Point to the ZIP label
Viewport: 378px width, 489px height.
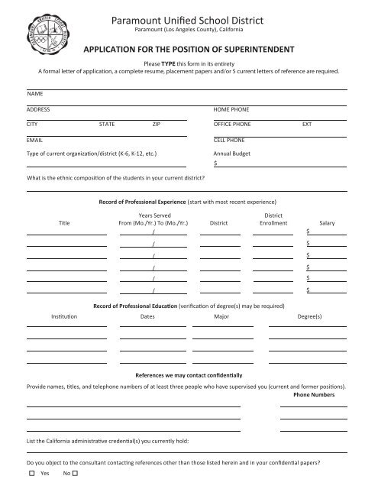click(157, 123)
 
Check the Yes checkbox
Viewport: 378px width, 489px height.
click(31, 474)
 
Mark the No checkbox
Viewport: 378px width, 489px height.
click(76, 474)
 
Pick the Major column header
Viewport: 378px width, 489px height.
click(221, 315)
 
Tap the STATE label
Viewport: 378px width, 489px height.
click(108, 123)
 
